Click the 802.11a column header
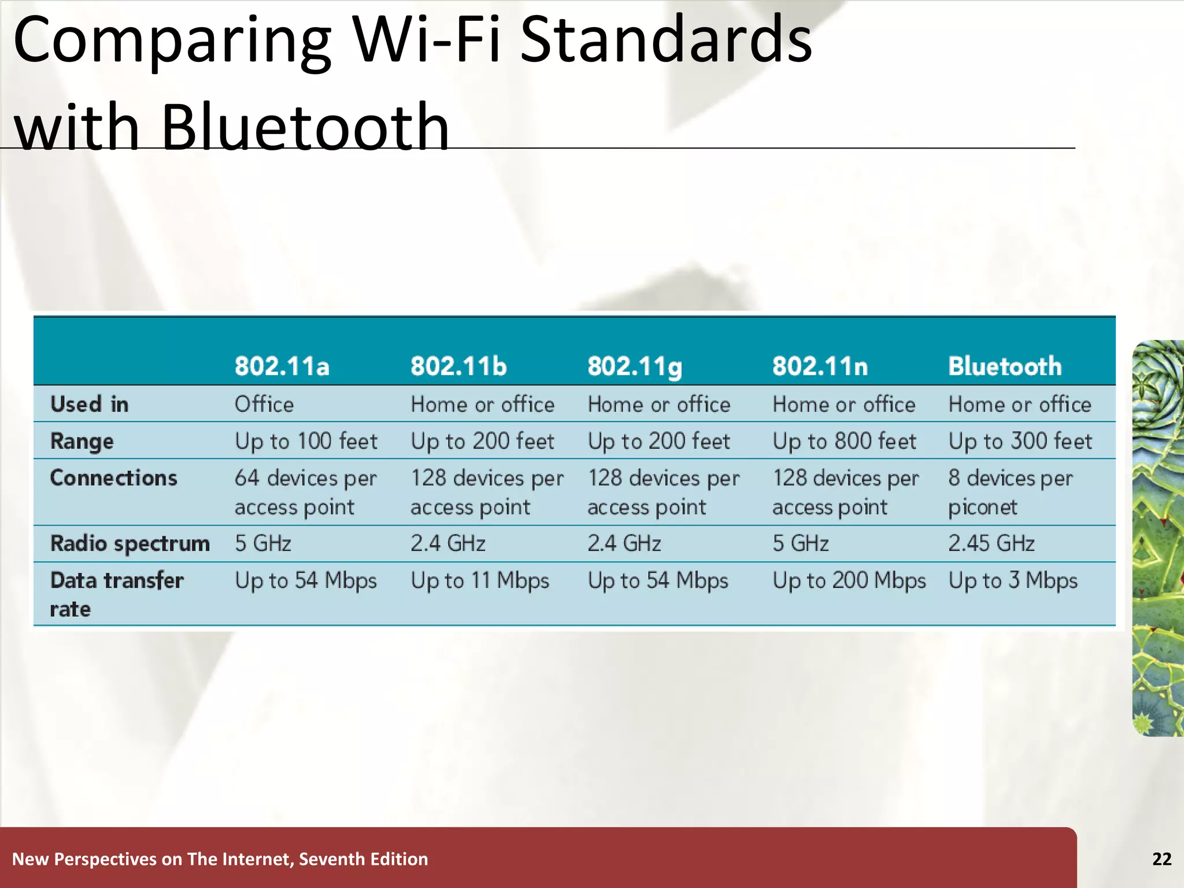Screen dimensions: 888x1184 pyautogui.click(x=282, y=367)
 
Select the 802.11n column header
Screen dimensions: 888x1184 pyautogui.click(x=820, y=367)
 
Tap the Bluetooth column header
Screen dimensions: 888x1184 pyautogui.click(x=1005, y=367)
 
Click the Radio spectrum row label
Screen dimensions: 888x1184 pyautogui.click(x=129, y=544)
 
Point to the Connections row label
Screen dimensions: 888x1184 pyautogui.click(x=113, y=478)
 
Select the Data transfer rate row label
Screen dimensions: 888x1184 pyautogui.click(x=116, y=594)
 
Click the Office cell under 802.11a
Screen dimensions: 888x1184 pyautogui.click(x=264, y=404)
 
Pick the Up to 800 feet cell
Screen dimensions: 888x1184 pyautogui.click(x=844, y=442)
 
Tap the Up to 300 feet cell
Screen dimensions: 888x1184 pyautogui.click(x=1020, y=442)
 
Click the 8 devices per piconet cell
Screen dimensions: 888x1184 pyautogui.click(x=1010, y=493)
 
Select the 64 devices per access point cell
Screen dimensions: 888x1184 pyautogui.click(x=305, y=493)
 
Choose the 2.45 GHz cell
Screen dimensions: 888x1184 pyautogui.click(x=991, y=544)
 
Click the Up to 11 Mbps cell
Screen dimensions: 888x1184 pyautogui.click(x=480, y=581)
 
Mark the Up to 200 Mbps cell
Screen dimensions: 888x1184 pyautogui.click(x=849, y=581)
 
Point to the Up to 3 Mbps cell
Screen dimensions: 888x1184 pyautogui.click(x=1013, y=581)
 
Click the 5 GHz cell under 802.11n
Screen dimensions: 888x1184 pyautogui.click(x=800, y=544)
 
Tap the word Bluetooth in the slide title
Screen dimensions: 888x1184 pyautogui.click(x=305, y=127)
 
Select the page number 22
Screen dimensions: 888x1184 pyautogui.click(x=1161, y=859)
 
